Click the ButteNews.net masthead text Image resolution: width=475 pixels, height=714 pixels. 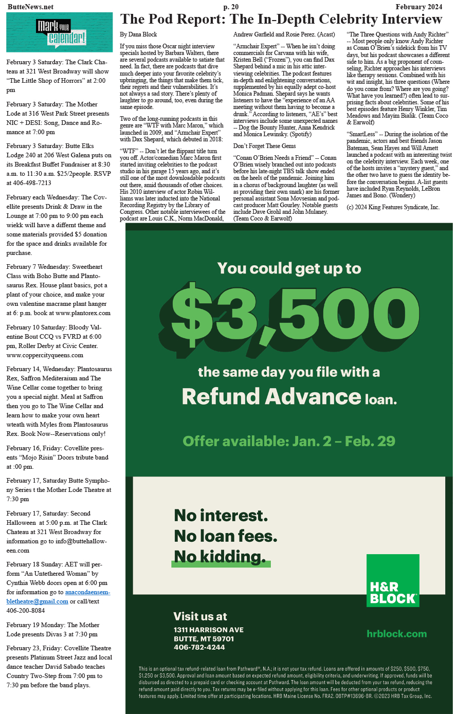tap(30, 7)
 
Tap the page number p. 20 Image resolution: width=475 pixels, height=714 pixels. tap(231, 7)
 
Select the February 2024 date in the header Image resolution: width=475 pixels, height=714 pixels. tap(418, 7)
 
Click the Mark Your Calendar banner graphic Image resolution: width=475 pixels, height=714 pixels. tap(60, 32)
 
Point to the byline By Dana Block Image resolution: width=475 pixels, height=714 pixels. tap(138, 34)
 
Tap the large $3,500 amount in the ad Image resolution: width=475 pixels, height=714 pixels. tap(288, 313)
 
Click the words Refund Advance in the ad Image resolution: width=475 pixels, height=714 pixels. tap(271, 396)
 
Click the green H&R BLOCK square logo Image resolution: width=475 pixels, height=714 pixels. tap(393, 580)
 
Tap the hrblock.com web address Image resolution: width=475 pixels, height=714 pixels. tap(396, 634)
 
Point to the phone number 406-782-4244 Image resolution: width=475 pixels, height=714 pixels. tap(199, 647)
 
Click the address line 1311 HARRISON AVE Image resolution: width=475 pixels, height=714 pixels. tap(208, 630)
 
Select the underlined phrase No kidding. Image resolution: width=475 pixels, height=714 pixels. tap(220, 557)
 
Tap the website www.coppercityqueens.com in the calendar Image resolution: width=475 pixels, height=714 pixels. tap(45, 355)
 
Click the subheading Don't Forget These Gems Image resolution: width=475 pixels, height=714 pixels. tap(264, 146)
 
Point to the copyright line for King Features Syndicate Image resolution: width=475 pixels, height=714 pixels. tap(393, 207)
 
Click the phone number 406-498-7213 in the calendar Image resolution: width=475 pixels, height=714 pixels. tap(29, 183)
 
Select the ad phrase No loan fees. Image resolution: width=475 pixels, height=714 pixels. tap(226, 536)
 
